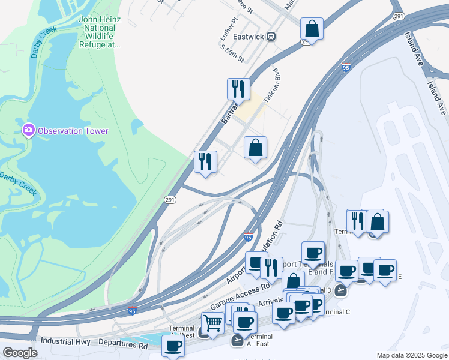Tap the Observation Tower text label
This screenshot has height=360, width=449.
click(x=73, y=131)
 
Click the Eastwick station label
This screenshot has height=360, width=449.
click(x=249, y=36)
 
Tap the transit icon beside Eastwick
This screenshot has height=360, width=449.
click(x=271, y=36)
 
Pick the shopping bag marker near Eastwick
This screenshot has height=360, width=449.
click(x=312, y=28)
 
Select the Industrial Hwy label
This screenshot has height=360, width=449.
click(x=61, y=341)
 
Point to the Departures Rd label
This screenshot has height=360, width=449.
click(x=122, y=346)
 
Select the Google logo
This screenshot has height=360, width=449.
click(x=20, y=353)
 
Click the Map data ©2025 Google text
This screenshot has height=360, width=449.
click(x=411, y=355)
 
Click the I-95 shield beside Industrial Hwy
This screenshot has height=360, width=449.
click(x=132, y=311)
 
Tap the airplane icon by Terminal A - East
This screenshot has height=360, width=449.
click(x=237, y=340)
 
